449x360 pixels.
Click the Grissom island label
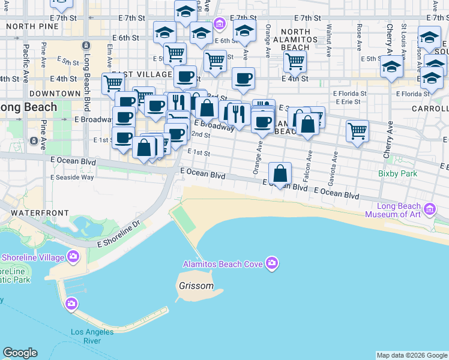pos(196,286)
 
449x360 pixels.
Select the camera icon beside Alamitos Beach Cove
pos(272,263)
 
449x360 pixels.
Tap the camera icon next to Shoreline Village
pos(73,257)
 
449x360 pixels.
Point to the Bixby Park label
pos(397,174)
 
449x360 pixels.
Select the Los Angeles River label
pos(92,336)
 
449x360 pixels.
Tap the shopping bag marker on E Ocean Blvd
pos(280,175)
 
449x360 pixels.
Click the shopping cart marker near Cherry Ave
pos(357,130)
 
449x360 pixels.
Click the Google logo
pos(20,353)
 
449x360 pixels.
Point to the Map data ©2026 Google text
pos(412,355)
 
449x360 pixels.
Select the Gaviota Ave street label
pos(335,161)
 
